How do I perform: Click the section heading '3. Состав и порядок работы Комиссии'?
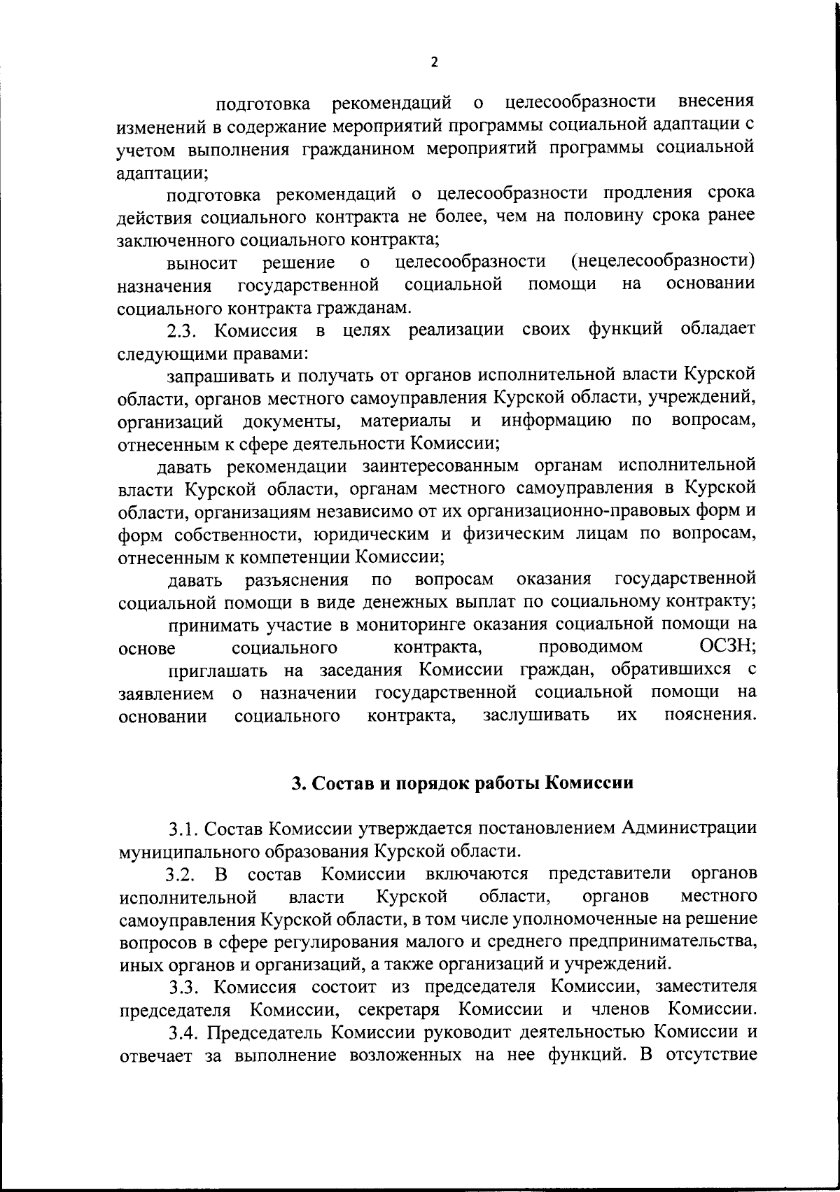coord(462,783)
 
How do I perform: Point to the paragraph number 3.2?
coord(183,875)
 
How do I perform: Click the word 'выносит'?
coord(202,264)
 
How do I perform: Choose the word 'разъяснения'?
coord(295,580)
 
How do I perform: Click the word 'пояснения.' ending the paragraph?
coord(710,715)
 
